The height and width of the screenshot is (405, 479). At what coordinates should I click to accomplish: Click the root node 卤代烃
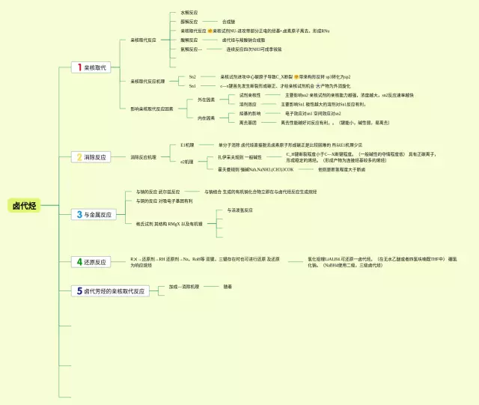(x=24, y=206)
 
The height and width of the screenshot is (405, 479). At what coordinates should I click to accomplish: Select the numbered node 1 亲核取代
(x=90, y=67)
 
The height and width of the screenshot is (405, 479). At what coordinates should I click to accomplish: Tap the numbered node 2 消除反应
(x=90, y=157)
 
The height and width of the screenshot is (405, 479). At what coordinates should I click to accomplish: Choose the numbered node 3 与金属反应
(x=93, y=215)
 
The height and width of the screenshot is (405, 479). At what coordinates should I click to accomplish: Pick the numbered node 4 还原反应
(x=90, y=262)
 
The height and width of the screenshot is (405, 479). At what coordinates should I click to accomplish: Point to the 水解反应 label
(x=189, y=13)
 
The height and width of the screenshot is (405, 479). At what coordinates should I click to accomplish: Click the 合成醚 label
(x=229, y=22)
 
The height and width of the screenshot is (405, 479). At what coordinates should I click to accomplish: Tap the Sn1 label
(x=192, y=85)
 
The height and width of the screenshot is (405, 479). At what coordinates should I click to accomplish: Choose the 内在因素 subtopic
(x=206, y=118)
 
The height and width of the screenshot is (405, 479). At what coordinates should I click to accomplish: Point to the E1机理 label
(x=187, y=144)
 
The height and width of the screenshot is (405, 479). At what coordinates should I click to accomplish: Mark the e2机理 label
(x=187, y=162)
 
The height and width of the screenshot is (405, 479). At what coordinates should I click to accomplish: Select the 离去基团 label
(x=248, y=122)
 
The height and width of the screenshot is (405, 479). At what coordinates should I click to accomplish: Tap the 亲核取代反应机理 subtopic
(x=148, y=81)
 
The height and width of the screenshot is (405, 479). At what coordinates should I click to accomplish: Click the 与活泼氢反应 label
(x=239, y=210)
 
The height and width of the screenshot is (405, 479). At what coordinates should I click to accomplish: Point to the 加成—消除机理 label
(x=183, y=286)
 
